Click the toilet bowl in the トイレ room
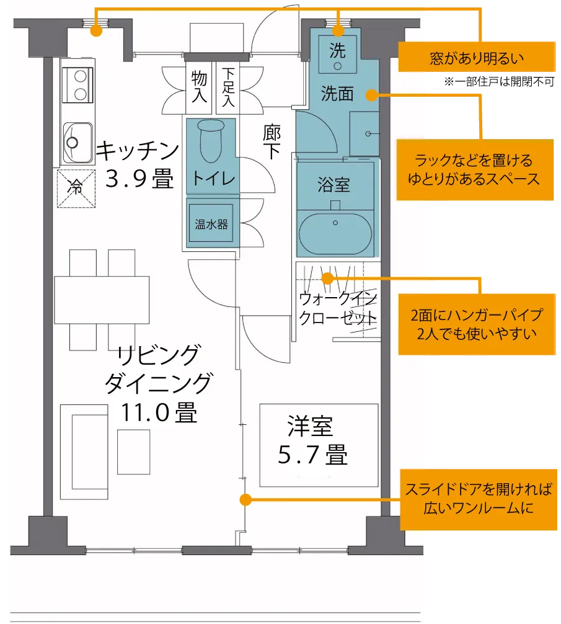[x=211, y=140]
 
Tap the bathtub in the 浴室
[x=335, y=233]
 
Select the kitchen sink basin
[x=78, y=142]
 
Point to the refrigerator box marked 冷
[x=76, y=189]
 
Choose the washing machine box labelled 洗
[x=337, y=54]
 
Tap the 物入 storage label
[x=199, y=86]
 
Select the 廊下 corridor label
[x=272, y=141]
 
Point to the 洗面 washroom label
[x=337, y=94]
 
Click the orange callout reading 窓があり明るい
[x=477, y=57]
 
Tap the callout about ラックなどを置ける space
[x=475, y=169]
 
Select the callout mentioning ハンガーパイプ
[x=477, y=324]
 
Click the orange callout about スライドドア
[x=479, y=499]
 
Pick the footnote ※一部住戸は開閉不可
[x=500, y=82]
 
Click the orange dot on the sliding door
[x=245, y=499]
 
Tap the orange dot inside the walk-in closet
[x=327, y=278]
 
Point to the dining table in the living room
[x=102, y=300]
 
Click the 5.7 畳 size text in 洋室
[x=313, y=455]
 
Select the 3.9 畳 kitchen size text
[x=139, y=178]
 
